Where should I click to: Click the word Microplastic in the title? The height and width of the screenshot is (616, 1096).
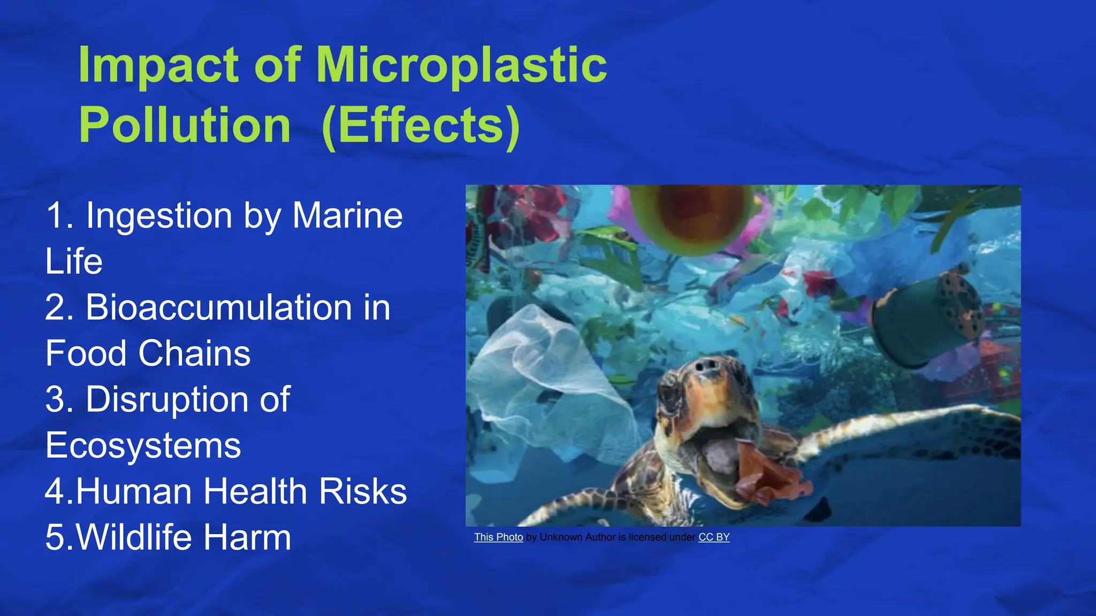[461, 65]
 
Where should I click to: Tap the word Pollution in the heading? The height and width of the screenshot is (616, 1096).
[185, 126]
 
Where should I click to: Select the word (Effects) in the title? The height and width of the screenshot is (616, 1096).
[421, 126]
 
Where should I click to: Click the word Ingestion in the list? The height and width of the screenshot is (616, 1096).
[159, 215]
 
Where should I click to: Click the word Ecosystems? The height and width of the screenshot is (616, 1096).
[143, 445]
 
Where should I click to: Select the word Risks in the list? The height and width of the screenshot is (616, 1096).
[363, 491]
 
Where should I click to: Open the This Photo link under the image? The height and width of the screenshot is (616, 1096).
[498, 537]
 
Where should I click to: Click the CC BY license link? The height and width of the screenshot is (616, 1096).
[714, 537]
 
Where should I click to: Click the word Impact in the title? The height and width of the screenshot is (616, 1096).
[159, 65]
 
